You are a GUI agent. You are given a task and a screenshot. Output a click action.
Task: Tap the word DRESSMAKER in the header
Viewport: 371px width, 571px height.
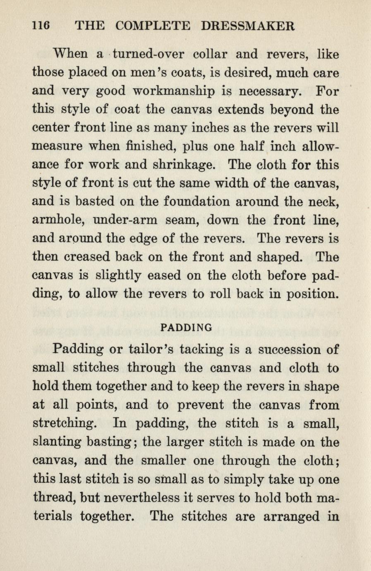click(x=248, y=26)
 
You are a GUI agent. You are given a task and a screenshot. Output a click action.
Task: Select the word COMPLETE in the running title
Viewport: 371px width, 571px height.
click(x=153, y=26)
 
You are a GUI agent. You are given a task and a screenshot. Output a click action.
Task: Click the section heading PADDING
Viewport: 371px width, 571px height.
click(x=186, y=328)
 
